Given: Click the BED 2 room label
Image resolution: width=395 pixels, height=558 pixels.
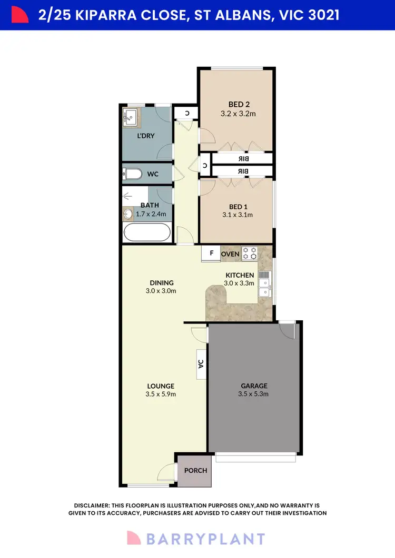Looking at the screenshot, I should coord(239,104).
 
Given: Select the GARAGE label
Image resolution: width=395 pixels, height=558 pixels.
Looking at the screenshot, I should coord(254,385).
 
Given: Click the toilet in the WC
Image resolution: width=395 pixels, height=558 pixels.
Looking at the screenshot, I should coord(132,174).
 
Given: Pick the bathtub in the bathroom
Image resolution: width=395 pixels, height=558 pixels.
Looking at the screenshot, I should coord(147,232).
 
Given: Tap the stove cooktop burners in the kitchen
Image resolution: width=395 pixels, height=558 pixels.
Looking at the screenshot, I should coord(249,253).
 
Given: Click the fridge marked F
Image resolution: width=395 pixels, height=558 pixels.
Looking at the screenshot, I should coord(211,253).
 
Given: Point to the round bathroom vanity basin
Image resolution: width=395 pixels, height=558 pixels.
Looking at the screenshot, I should coord(128,214).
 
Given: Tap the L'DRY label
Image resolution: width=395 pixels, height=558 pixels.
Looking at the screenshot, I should coord(145,136).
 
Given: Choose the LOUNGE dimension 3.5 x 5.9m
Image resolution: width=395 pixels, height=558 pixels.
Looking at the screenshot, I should coord(161,394).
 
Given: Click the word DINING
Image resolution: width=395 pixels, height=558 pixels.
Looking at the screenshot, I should coord(161,282).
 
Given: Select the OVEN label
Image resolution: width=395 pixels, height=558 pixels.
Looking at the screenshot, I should coord(230,254).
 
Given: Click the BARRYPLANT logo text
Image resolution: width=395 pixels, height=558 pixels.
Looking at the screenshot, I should coord(205,539).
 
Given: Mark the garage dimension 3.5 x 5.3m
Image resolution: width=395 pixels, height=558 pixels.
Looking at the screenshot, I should coord(254,393).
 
